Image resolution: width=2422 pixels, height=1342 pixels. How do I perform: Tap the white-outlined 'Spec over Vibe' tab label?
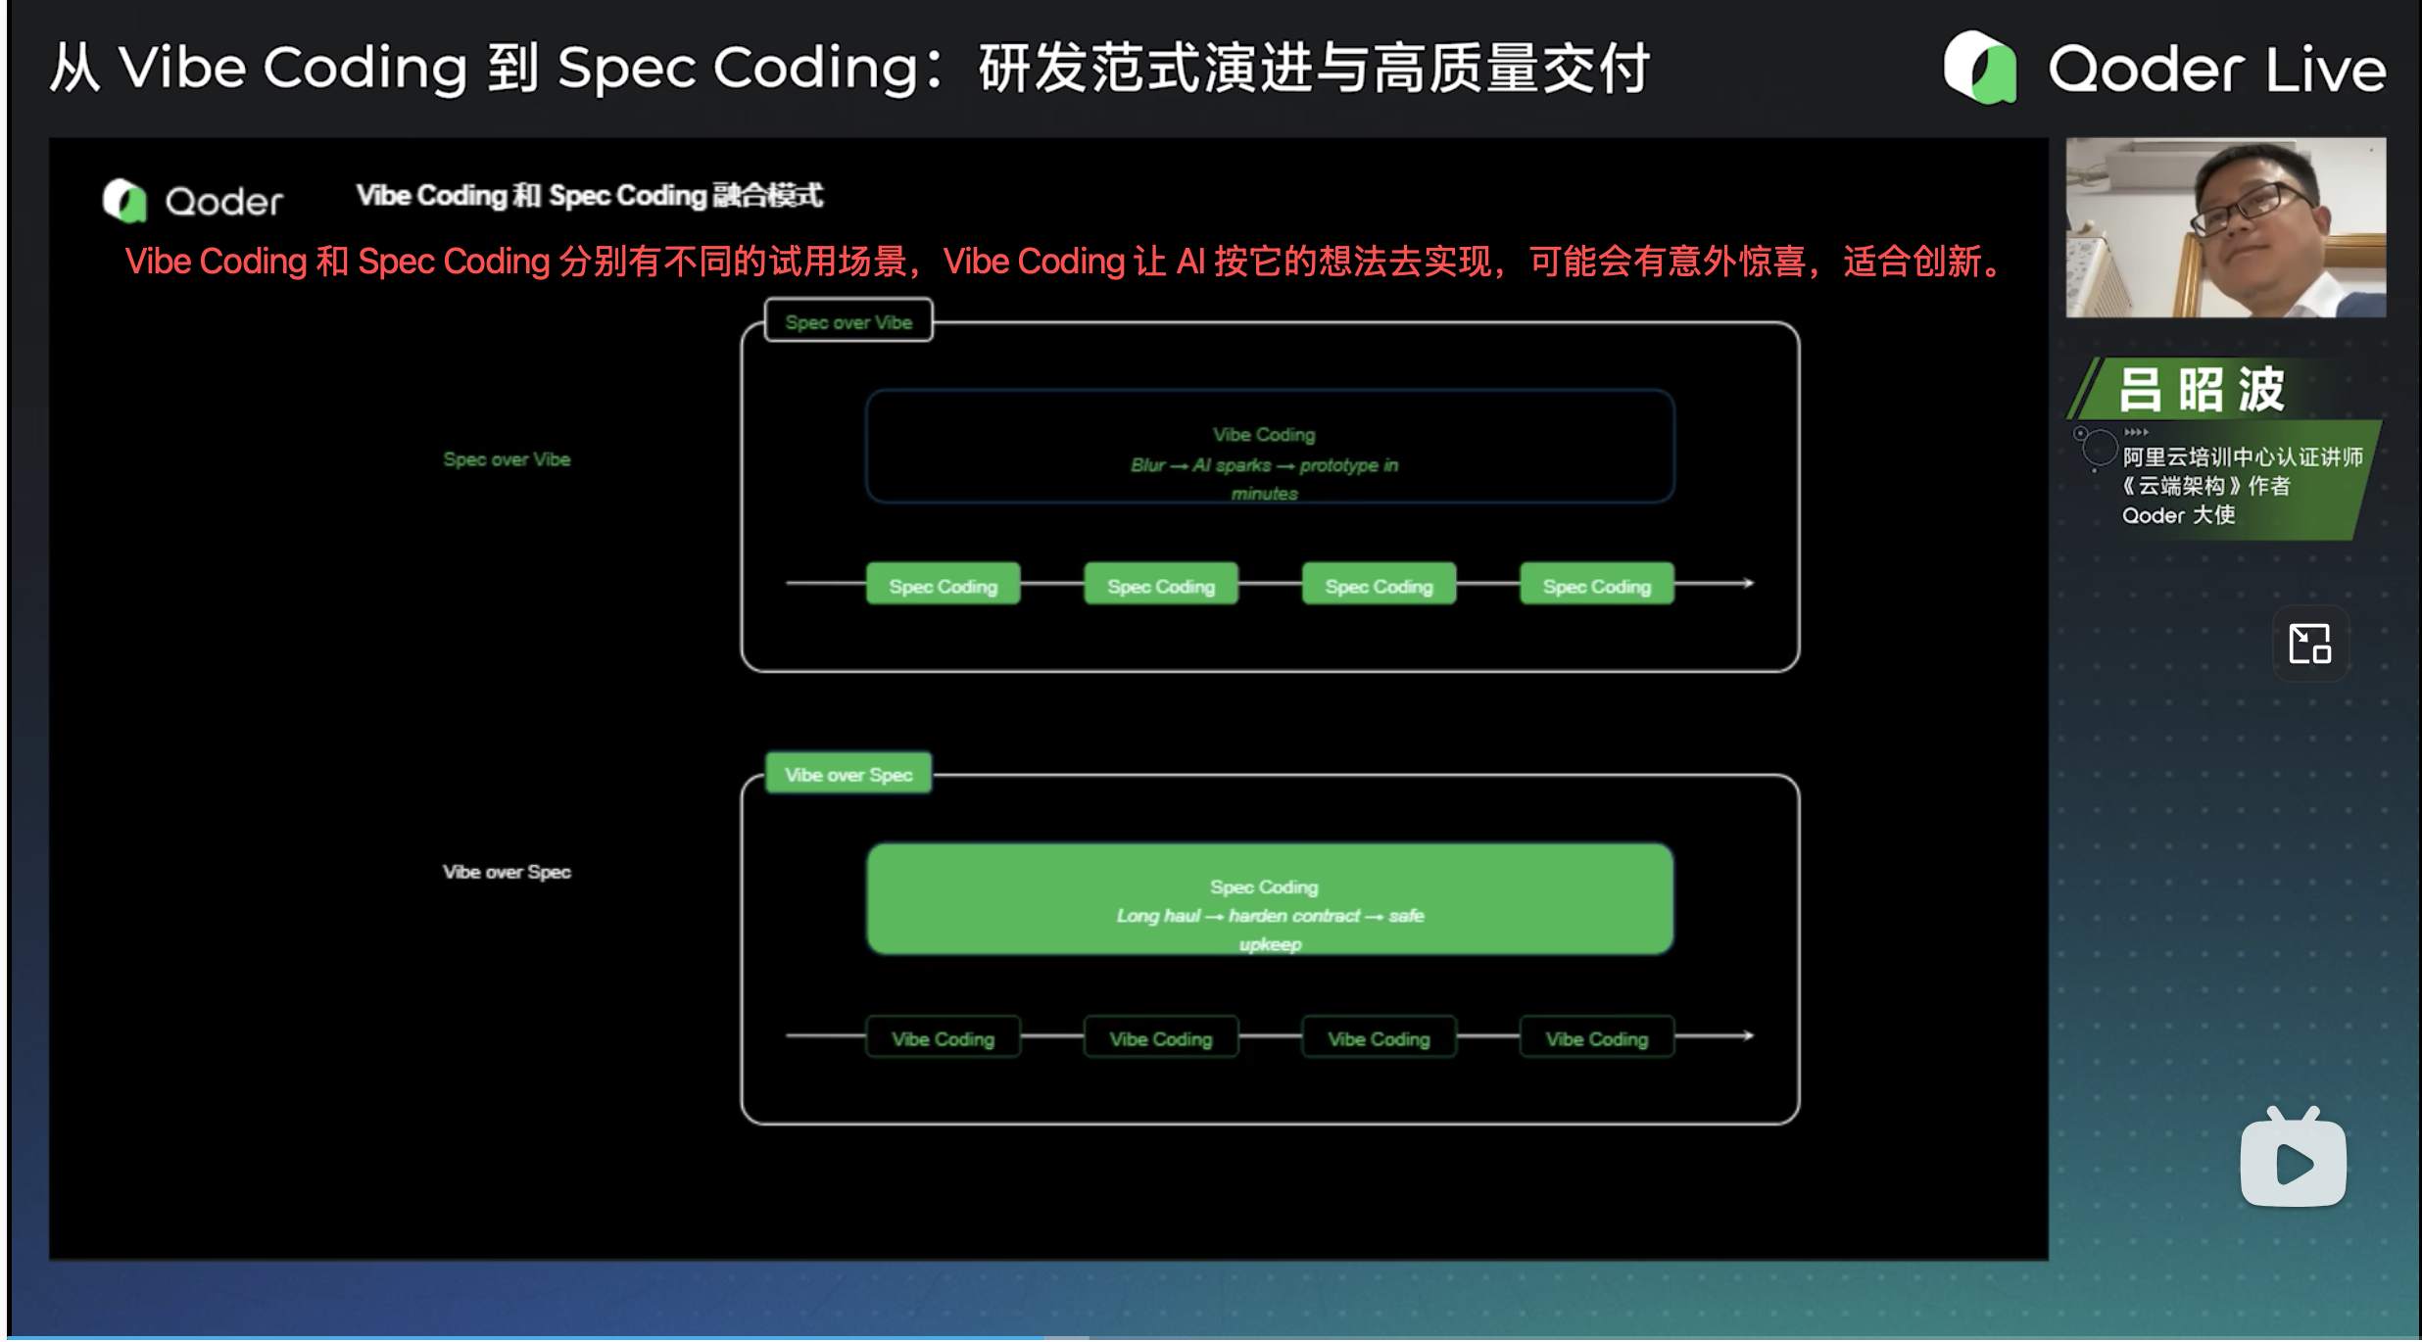click(x=848, y=321)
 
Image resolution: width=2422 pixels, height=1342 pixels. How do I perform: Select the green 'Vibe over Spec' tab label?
click(x=848, y=774)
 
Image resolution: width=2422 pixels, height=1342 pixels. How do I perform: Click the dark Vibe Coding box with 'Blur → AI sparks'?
click(x=1270, y=447)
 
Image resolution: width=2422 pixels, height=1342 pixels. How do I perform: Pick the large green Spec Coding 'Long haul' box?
click(x=1270, y=899)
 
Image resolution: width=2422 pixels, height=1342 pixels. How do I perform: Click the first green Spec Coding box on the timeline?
click(x=943, y=585)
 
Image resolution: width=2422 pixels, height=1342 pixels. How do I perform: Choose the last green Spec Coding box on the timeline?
click(x=1597, y=585)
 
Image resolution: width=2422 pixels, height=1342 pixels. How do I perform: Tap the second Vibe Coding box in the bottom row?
click(x=1161, y=1037)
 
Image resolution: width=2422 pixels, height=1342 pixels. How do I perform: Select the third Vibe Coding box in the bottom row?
click(x=1379, y=1037)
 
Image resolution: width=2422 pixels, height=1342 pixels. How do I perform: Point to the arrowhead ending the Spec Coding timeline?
click(x=1747, y=584)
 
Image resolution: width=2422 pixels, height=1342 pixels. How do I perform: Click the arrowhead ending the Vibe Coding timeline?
click(x=1747, y=1035)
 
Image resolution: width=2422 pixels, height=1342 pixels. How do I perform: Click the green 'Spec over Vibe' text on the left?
click(x=507, y=458)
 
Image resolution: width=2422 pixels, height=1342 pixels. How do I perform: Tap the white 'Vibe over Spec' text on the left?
click(x=507, y=871)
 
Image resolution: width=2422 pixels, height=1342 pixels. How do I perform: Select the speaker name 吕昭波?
click(x=2201, y=390)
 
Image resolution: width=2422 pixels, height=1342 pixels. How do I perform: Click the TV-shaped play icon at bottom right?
click(x=2293, y=1160)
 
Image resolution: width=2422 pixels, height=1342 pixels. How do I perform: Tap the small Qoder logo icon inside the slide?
click(x=124, y=201)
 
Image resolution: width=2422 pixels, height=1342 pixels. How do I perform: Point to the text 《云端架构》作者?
click(x=2206, y=486)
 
